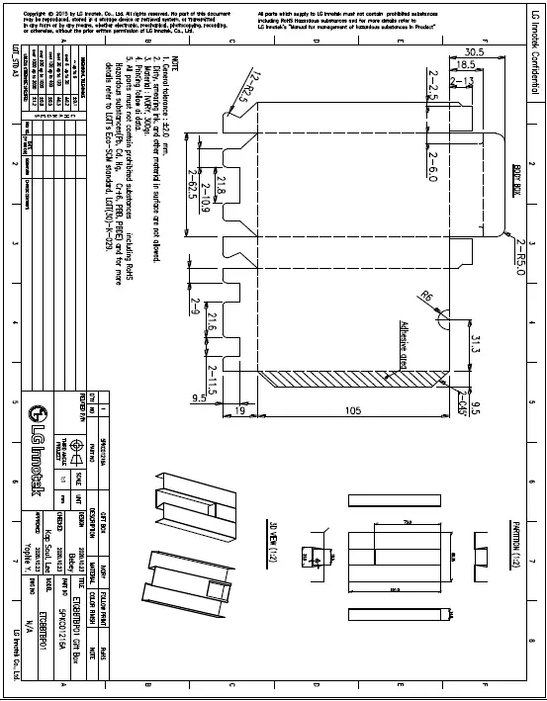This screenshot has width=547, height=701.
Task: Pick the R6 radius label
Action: point(427,296)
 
